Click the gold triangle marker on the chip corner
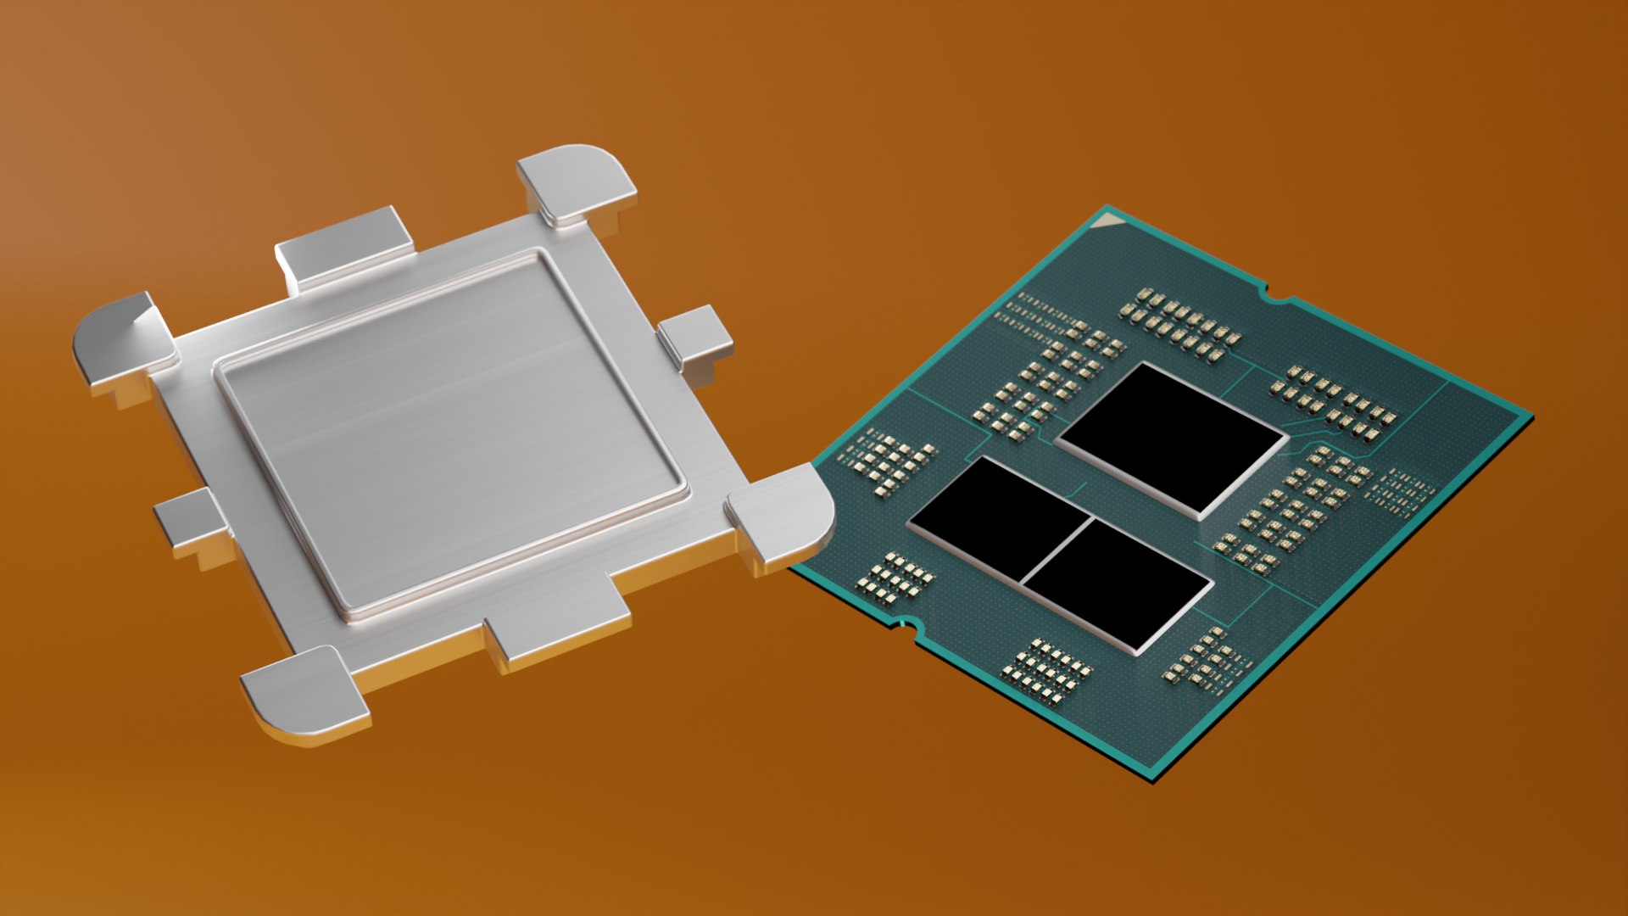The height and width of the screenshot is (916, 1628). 1109,222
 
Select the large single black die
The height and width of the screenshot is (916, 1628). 1173,438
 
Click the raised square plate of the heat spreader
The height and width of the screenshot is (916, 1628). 449,433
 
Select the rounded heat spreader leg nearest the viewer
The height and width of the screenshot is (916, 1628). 305,691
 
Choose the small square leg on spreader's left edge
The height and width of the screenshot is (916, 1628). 191,522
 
